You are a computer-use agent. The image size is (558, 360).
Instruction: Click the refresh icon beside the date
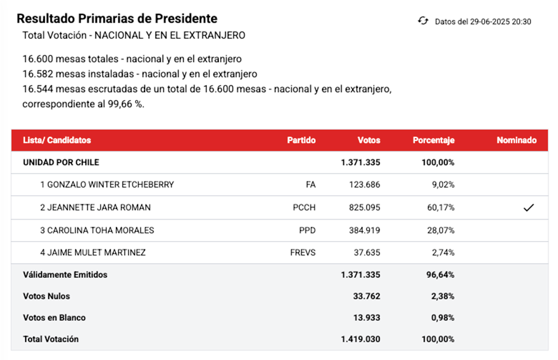[423, 21]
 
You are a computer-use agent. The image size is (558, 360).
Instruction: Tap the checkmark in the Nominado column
[528, 208]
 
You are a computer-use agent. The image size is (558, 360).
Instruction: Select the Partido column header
[301, 140]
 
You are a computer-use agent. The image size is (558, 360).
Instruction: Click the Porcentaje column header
[433, 140]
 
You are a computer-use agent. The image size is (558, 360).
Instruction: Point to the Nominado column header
[516, 140]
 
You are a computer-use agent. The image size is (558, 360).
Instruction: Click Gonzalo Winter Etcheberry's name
[107, 184]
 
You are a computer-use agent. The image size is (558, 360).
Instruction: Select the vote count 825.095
[364, 208]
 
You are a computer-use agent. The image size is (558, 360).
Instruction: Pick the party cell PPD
[307, 230]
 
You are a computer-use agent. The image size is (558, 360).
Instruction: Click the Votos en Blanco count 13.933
[366, 317]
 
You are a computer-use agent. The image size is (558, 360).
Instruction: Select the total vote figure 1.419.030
[360, 339]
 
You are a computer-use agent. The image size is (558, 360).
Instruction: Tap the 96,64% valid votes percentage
[441, 274]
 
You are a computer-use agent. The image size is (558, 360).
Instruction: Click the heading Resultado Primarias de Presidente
[117, 18]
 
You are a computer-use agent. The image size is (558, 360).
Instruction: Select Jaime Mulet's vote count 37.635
[366, 252]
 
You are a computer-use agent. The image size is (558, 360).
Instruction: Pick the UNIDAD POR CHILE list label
[61, 162]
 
